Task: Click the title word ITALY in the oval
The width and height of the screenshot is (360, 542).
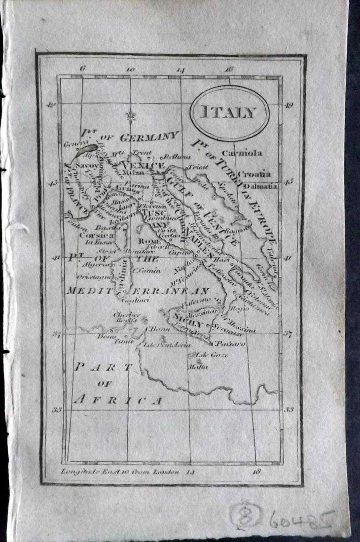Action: [x=229, y=112]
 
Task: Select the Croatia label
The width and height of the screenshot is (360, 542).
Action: [x=254, y=173]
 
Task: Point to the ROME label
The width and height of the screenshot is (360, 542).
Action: [x=146, y=241]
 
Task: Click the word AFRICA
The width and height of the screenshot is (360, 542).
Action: [x=117, y=400]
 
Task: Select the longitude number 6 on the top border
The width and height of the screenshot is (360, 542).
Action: [x=82, y=69]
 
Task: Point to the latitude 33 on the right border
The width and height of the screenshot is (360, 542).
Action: [x=288, y=408]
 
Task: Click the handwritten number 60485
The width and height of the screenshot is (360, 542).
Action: [x=301, y=519]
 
